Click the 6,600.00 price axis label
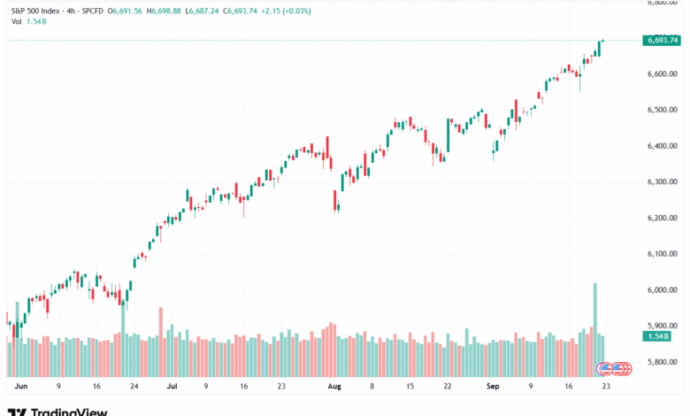pos(662,73)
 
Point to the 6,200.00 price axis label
pos(662,218)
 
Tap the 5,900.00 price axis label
pos(662,326)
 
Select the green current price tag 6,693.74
pos(662,40)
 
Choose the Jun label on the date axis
pos(22,386)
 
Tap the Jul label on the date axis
pos(172,386)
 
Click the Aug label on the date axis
pos(333,386)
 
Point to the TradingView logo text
pos(69,412)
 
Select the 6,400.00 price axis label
pos(662,146)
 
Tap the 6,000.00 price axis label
pos(662,290)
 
